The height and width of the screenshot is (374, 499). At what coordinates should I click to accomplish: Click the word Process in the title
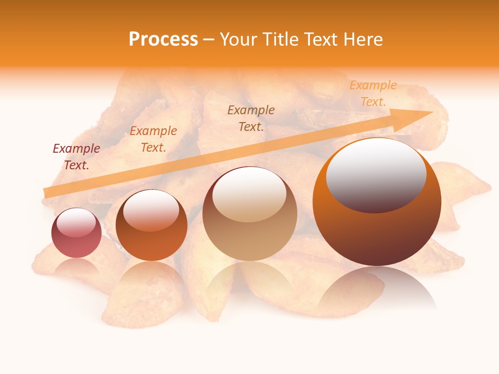pyautogui.click(x=163, y=39)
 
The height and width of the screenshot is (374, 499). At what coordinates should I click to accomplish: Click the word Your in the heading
pyautogui.click(x=239, y=39)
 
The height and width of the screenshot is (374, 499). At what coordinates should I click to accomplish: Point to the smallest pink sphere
pyautogui.click(x=76, y=233)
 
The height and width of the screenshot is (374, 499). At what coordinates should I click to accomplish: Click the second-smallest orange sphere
pyautogui.click(x=151, y=225)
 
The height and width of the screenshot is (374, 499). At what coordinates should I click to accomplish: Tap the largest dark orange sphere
pyautogui.click(x=377, y=203)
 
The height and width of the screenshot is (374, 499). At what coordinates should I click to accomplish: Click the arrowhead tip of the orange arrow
pyautogui.click(x=432, y=112)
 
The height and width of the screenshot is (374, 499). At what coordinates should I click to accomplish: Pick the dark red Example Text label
pyautogui.click(x=76, y=156)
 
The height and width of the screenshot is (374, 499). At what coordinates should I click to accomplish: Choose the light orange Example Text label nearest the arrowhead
pyautogui.click(x=373, y=94)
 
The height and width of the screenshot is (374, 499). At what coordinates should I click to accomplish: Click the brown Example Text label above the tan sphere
pyautogui.click(x=251, y=118)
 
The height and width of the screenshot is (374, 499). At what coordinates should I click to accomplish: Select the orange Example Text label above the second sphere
pyautogui.click(x=153, y=139)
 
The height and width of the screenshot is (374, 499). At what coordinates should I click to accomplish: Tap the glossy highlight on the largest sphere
pyautogui.click(x=376, y=176)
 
